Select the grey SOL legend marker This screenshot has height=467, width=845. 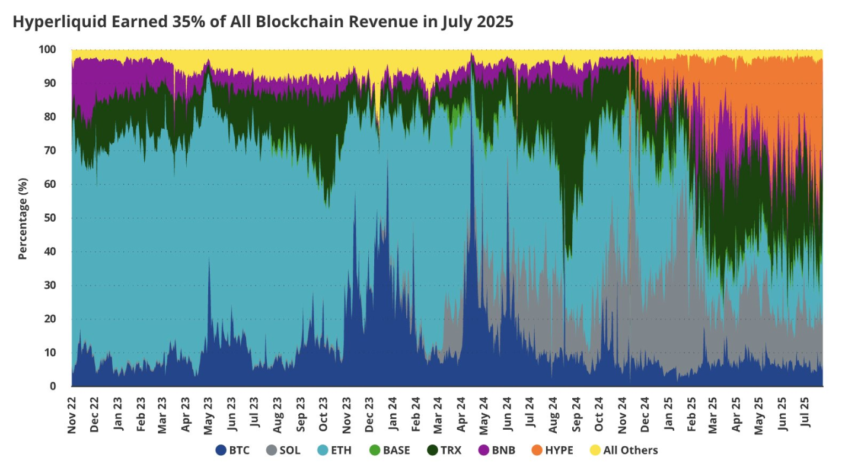tap(271, 450)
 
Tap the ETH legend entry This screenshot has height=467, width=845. tap(334, 450)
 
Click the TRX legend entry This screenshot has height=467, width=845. tap(444, 450)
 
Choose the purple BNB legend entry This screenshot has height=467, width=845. tap(498, 450)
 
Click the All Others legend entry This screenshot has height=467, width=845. tap(624, 450)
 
